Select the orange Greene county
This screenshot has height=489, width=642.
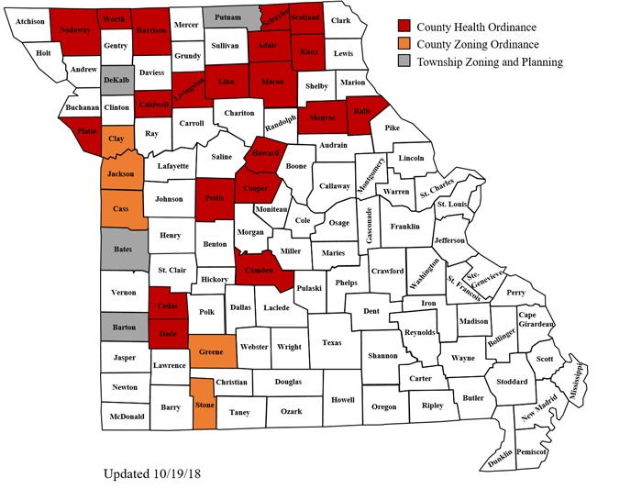(x=211, y=351)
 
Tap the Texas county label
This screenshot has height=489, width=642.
(x=332, y=342)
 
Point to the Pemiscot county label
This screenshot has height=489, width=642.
(x=531, y=452)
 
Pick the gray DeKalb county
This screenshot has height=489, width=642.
(x=116, y=81)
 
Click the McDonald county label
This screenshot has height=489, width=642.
(x=127, y=417)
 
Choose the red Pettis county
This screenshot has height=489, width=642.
(x=215, y=198)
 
